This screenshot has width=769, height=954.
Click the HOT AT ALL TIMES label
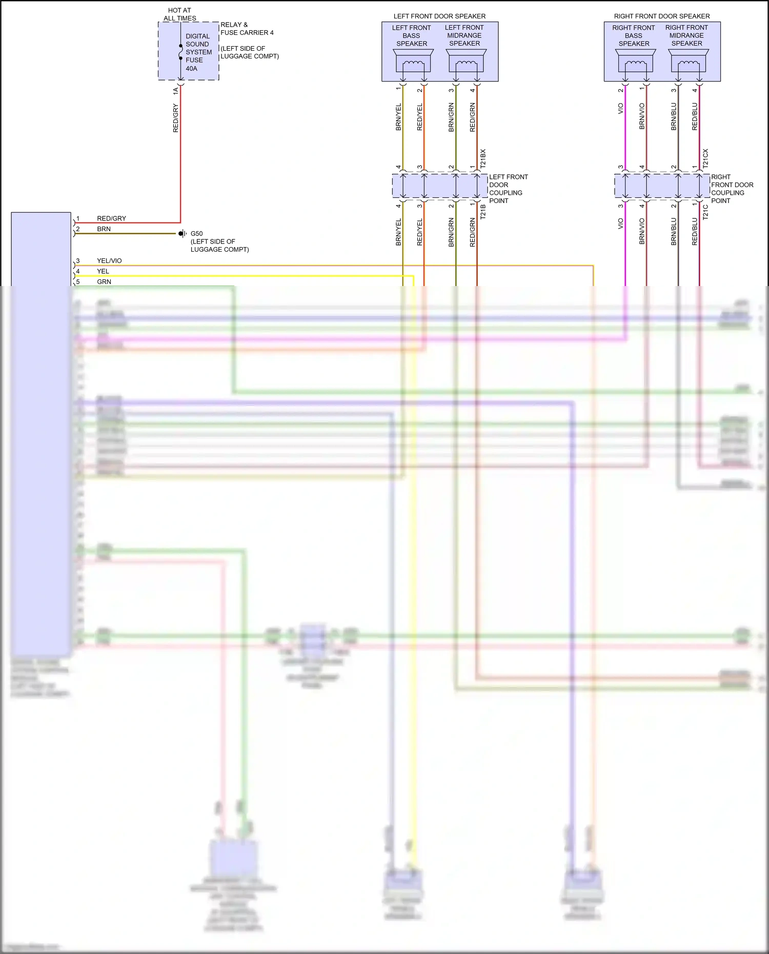pos(179,14)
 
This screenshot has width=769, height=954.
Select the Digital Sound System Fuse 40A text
pos(198,52)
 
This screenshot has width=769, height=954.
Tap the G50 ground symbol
pos(181,234)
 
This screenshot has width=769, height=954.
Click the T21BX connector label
pos(483,159)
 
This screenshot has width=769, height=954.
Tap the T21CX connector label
pos(705,159)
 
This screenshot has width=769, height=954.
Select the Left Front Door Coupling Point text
pos(508,189)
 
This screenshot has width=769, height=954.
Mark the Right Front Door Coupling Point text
pos(732,189)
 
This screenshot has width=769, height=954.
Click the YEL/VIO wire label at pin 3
pos(109,261)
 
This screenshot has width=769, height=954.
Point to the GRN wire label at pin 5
pos(104,282)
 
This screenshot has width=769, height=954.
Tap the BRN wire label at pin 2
pos(104,229)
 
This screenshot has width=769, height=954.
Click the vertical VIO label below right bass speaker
pos(620,109)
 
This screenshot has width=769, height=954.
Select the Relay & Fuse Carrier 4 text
pos(247,29)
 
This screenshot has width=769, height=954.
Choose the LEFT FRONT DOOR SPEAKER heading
pos(439,16)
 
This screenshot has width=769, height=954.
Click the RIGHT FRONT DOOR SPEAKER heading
pos(662,16)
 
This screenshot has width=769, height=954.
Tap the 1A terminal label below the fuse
pos(176,91)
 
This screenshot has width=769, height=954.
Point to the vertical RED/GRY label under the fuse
pos(176,118)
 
